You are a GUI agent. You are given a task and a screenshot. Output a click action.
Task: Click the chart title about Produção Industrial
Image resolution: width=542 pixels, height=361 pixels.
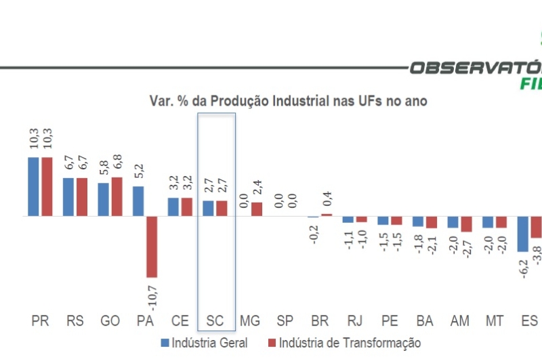[x=288, y=101]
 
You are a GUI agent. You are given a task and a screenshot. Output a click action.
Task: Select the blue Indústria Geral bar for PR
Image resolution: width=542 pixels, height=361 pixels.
[x=33, y=186]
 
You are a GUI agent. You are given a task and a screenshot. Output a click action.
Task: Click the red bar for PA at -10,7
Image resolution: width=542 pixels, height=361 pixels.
[x=152, y=247]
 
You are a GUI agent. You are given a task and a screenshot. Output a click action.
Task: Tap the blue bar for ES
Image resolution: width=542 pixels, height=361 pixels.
[x=522, y=234]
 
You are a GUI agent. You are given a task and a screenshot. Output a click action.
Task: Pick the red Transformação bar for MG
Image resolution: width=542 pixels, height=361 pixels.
[x=257, y=209]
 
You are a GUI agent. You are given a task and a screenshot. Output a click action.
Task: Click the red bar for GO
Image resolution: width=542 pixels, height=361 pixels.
[x=117, y=196]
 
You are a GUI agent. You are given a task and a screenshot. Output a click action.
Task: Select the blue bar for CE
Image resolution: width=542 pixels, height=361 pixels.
[x=173, y=207]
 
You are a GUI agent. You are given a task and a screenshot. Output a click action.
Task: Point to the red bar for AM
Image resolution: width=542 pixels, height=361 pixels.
[x=466, y=224]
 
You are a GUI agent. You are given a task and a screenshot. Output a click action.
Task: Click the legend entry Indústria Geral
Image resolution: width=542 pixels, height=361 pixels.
[x=204, y=343]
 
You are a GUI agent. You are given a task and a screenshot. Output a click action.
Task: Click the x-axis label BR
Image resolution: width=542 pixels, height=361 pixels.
[x=320, y=321]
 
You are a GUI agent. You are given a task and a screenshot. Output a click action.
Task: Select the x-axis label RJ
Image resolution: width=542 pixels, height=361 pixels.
[x=354, y=321]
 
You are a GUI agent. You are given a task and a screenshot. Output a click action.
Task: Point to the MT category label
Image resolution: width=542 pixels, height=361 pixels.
[x=494, y=321]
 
